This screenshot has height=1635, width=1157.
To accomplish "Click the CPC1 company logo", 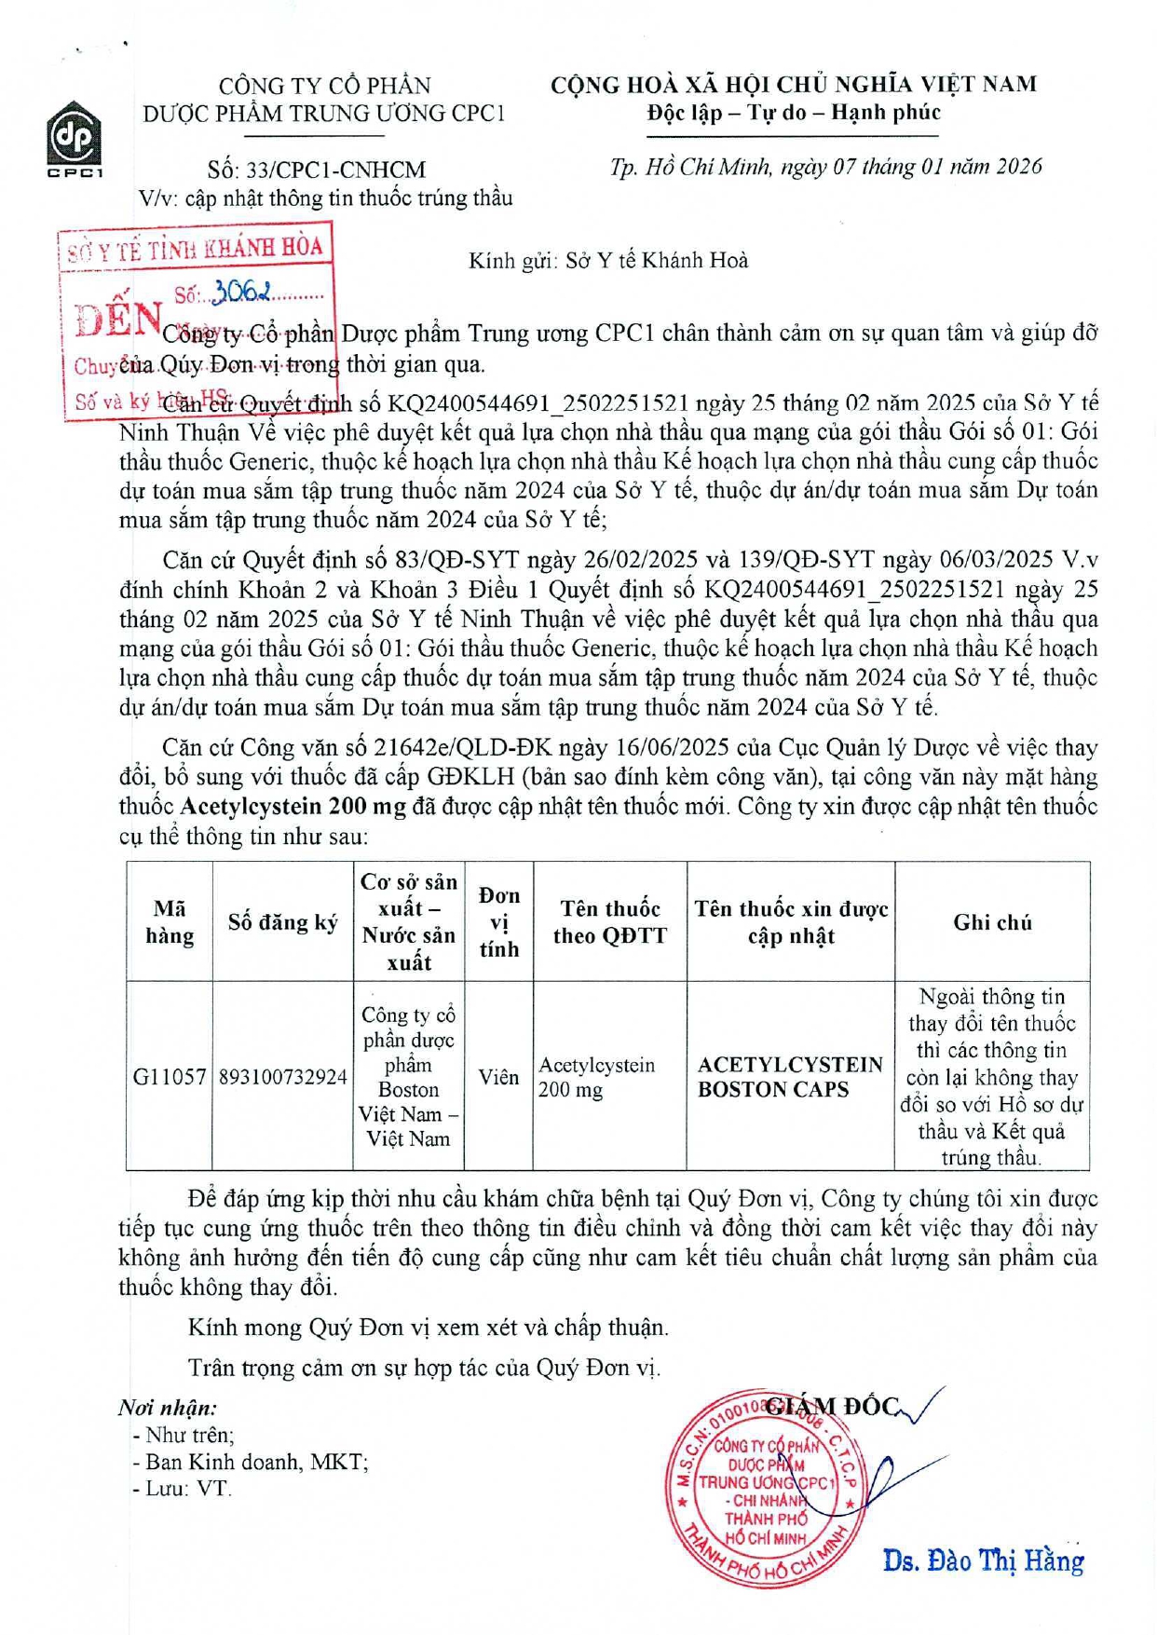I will pyautogui.click(x=75, y=140).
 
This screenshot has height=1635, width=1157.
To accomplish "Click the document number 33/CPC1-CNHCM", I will pyautogui.click(x=317, y=170).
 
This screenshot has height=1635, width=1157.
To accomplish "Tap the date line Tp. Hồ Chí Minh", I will pyautogui.click(x=825, y=167).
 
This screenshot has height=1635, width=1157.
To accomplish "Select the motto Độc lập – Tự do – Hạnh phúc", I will pyautogui.click(x=794, y=113).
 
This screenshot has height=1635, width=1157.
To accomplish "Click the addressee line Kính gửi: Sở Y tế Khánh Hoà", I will pyautogui.click(x=608, y=260).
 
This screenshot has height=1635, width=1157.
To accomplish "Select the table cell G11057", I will pyautogui.click(x=170, y=1077).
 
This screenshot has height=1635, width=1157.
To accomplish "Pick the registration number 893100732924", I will pyautogui.click(x=283, y=1077).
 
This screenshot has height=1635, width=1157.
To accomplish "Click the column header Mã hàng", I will pyautogui.click(x=170, y=922).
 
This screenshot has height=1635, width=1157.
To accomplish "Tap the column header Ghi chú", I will pyautogui.click(x=992, y=922).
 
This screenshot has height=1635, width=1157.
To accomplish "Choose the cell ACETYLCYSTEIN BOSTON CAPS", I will pyautogui.click(x=790, y=1077).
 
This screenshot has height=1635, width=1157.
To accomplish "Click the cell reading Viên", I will pyautogui.click(x=498, y=1077).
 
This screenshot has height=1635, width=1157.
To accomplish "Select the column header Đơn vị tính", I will pyautogui.click(x=498, y=922).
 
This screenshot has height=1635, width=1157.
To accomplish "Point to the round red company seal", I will pyautogui.click(x=766, y=1486).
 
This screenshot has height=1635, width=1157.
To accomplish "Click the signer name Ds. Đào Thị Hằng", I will pyautogui.click(x=983, y=1560).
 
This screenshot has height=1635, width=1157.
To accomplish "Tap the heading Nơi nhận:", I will pyautogui.click(x=168, y=1408).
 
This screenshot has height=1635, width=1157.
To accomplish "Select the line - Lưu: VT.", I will pyautogui.click(x=183, y=1488).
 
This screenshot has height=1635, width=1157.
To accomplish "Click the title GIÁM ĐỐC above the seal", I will pyautogui.click(x=832, y=1407).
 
